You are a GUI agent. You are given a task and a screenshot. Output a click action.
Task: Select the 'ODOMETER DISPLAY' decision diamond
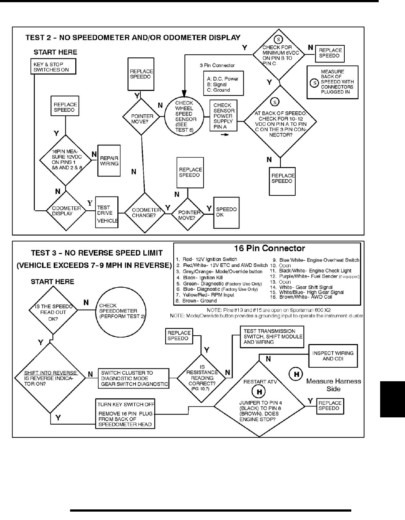pyautogui.click(x=66, y=211)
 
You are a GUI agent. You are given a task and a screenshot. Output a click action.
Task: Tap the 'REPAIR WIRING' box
pyautogui.click(x=109, y=161)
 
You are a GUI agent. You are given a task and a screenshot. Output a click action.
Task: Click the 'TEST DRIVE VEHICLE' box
pyautogui.click(x=107, y=212)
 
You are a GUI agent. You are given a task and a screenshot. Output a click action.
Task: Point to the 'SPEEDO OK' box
pyautogui.click(x=226, y=212)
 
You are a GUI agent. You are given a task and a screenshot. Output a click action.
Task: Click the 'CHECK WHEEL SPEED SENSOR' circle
pyautogui.click(x=186, y=116)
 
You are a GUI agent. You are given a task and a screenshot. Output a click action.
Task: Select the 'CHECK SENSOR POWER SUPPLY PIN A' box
pyautogui.click(x=223, y=116)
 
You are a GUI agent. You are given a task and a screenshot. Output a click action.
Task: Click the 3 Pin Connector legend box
pyautogui.click(x=223, y=84)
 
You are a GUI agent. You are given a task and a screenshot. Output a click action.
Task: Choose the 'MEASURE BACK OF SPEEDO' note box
pyautogui.click(x=332, y=82)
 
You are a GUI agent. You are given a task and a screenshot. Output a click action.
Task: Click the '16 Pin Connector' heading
pyautogui.click(x=269, y=249)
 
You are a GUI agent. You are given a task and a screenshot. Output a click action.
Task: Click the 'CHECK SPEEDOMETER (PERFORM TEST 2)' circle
pyautogui.click(x=122, y=311)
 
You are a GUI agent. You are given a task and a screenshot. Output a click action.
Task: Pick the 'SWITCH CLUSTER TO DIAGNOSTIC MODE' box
pyautogui.click(x=134, y=378)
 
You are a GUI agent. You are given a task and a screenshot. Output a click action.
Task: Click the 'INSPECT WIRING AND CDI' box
pyautogui.click(x=333, y=356)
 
